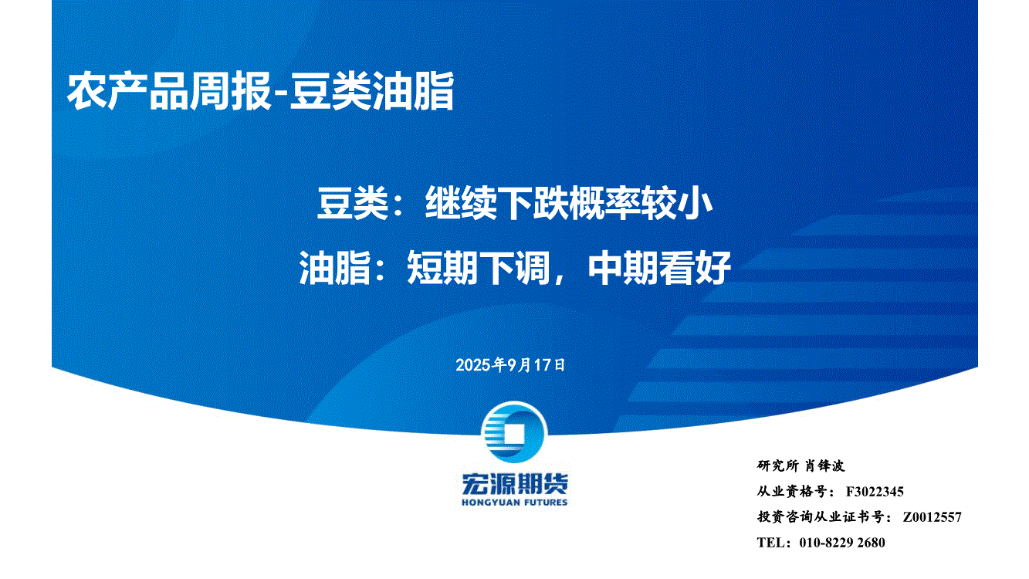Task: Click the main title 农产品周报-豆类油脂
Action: click(x=261, y=91)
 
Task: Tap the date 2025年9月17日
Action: click(x=510, y=365)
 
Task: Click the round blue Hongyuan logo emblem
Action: click(x=514, y=432)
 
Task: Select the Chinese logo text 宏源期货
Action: click(x=514, y=484)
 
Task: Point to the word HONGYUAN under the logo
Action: click(x=489, y=503)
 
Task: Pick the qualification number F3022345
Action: click(x=875, y=492)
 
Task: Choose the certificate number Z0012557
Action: click(x=932, y=517)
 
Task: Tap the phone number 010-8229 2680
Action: click(x=842, y=543)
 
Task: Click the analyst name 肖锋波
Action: click(x=824, y=466)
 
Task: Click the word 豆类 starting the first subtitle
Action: click(x=353, y=203)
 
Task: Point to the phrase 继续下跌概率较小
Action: click(x=569, y=203)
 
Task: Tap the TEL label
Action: click(x=771, y=543)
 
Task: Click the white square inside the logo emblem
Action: click(x=514, y=433)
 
